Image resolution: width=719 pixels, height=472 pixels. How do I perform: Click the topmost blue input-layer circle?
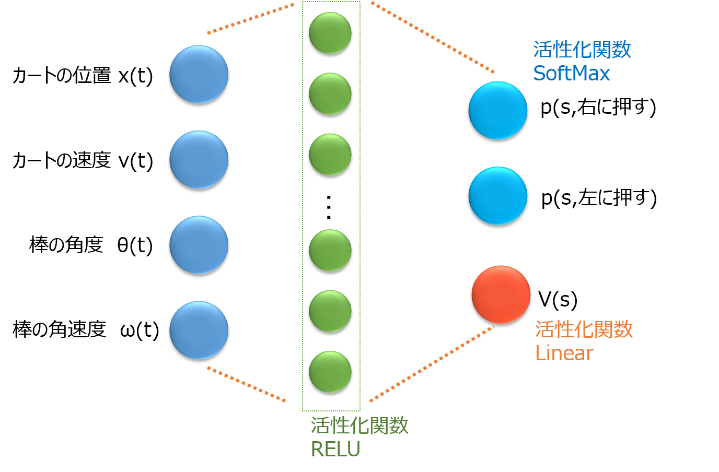point(199,74)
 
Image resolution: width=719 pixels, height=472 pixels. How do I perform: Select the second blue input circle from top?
point(199,159)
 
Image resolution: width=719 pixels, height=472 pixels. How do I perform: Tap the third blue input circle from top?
point(199,245)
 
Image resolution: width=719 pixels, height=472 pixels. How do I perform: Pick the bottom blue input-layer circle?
point(199,330)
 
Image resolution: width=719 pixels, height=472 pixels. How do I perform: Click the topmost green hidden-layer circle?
point(330,33)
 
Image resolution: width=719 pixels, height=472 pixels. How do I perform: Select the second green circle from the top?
point(330,93)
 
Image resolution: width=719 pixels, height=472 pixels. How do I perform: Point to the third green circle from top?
point(330,155)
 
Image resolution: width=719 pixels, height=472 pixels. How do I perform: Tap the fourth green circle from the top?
point(330,250)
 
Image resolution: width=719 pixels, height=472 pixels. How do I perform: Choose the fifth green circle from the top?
point(330,311)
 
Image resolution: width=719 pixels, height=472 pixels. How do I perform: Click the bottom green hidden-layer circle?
point(330,372)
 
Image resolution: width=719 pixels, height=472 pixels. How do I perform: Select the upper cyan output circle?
point(497,110)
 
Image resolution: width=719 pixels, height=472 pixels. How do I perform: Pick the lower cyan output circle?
point(497,196)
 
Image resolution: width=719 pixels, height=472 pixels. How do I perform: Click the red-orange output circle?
point(501,294)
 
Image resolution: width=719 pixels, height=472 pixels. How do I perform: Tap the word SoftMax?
point(571,73)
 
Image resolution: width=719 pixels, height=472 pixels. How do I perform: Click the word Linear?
point(564,353)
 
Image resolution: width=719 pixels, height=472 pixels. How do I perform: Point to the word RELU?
point(335,449)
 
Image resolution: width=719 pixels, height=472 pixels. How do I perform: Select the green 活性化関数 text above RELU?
point(359,426)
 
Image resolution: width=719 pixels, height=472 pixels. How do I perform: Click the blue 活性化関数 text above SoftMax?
point(582,50)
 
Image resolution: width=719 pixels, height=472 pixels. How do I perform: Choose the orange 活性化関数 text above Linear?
point(584,329)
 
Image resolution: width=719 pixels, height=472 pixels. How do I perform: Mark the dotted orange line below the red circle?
point(432,364)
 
